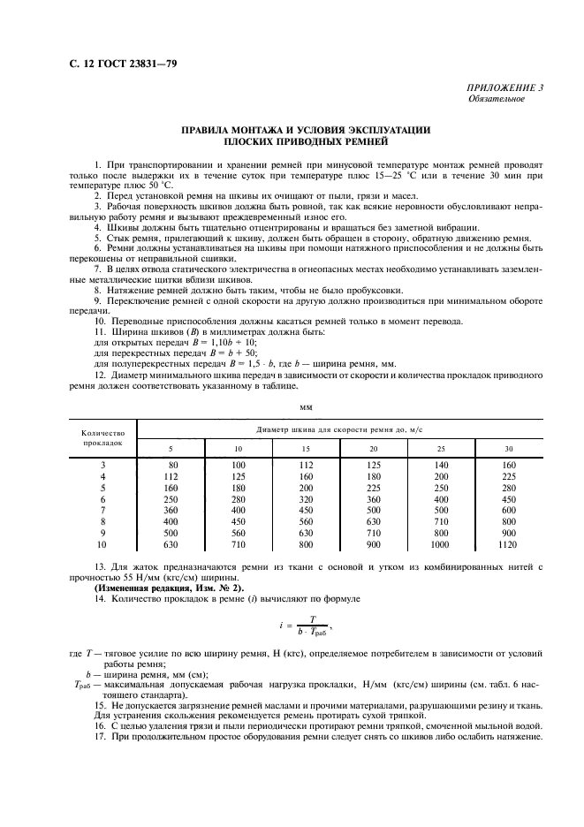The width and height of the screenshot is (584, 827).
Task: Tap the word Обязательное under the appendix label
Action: click(x=497, y=99)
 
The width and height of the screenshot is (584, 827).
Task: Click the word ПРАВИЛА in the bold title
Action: click(x=209, y=130)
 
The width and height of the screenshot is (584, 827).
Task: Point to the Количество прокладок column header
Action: click(x=102, y=438)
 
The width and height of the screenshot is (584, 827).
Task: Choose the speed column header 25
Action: click(x=442, y=450)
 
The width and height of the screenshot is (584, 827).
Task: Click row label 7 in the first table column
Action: click(x=102, y=510)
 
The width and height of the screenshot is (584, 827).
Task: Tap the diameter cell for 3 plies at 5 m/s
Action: click(x=173, y=464)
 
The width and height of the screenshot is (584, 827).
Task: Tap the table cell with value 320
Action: click(x=306, y=498)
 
